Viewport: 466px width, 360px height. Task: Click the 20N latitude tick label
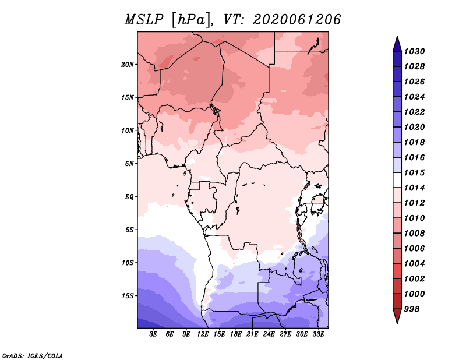128,64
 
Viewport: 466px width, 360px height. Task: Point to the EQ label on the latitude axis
129,196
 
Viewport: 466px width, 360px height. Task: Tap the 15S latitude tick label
128,295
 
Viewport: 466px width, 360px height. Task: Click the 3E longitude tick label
154,334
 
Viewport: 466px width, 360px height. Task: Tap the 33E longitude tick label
319,334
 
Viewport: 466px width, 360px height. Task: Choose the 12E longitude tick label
203,334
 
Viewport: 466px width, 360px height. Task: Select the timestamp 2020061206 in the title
296,20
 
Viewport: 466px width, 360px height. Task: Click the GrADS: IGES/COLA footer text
33,355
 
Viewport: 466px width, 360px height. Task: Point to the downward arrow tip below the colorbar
397,322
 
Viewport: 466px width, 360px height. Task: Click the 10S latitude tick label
128,263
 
